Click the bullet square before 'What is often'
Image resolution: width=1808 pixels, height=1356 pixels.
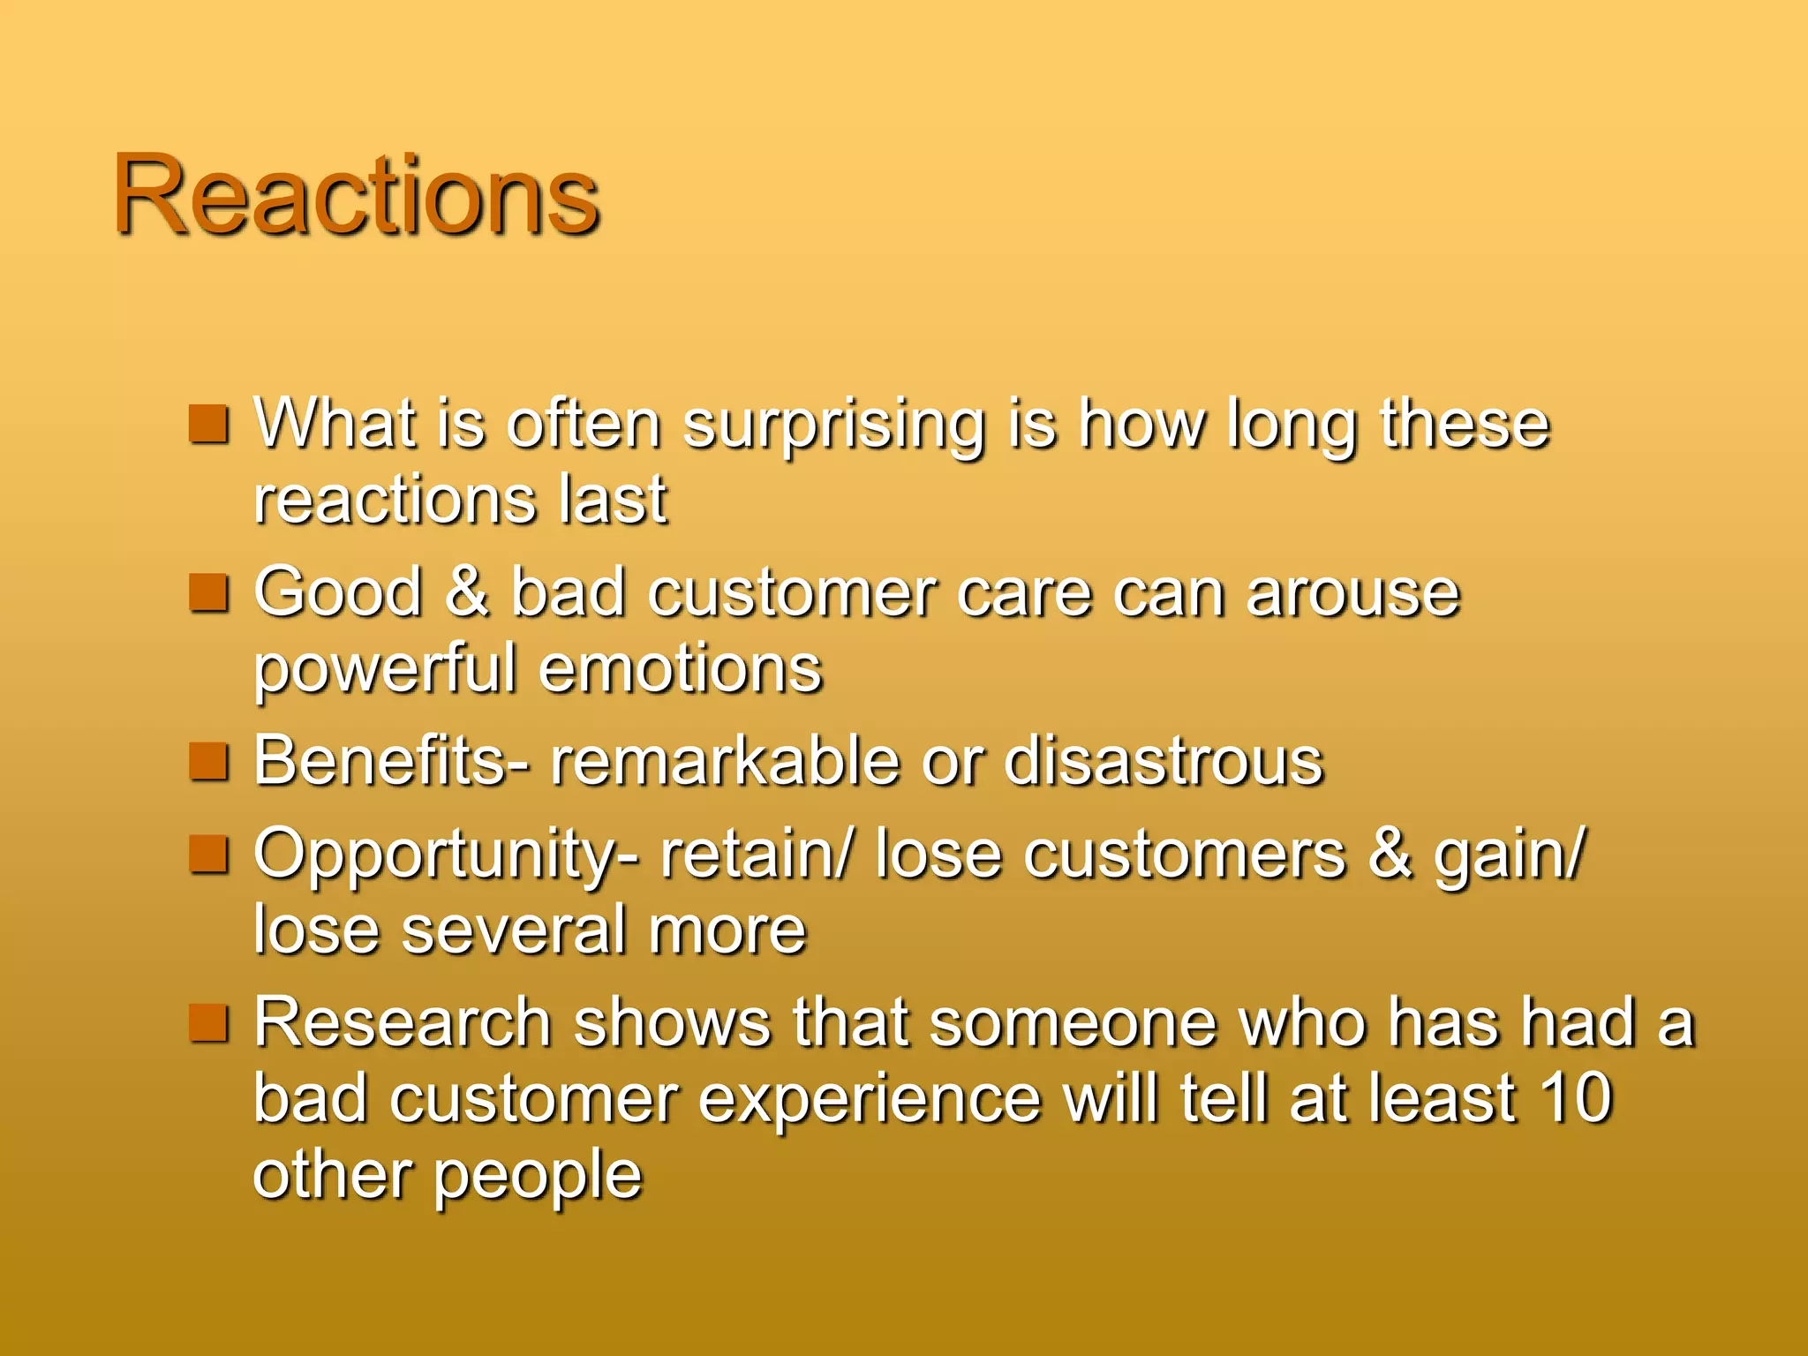click(x=209, y=425)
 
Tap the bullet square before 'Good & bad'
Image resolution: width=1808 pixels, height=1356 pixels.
click(x=209, y=593)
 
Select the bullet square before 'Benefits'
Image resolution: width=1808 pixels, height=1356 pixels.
click(x=209, y=762)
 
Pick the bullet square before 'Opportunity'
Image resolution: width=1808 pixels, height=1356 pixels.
click(x=209, y=854)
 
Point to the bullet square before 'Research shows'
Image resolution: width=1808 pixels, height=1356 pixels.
click(x=209, y=1022)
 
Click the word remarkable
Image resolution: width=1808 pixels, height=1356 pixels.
click(x=724, y=761)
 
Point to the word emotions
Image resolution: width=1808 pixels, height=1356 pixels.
click(x=680, y=669)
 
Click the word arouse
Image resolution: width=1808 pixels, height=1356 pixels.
click(x=1352, y=593)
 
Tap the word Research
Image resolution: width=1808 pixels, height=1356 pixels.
click(x=403, y=1022)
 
